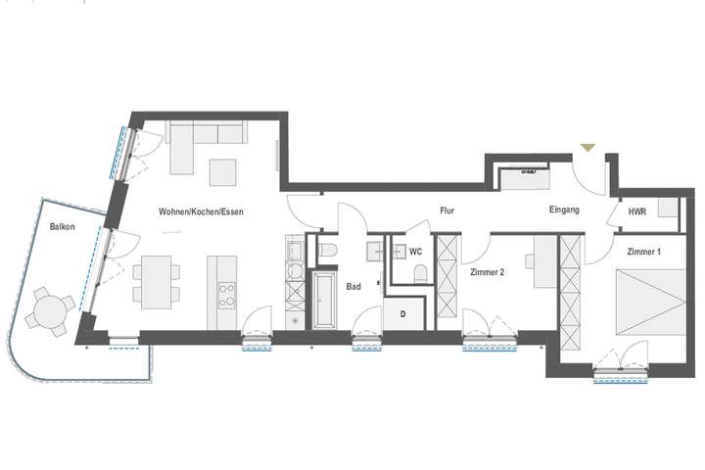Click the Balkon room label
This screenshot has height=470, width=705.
tap(65, 227)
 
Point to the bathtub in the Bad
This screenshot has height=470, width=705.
tap(325, 302)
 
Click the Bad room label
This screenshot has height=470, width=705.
tap(354, 287)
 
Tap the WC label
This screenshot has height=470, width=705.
tap(415, 252)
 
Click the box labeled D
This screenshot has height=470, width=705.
tap(402, 314)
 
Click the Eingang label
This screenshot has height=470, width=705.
tap(564, 210)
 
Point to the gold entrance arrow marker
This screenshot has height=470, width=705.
tap(587, 147)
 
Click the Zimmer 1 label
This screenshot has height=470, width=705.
tap(644, 252)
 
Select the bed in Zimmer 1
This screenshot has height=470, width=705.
tap(644, 299)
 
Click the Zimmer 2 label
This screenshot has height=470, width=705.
tap(487, 272)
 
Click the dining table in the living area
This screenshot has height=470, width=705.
tap(155, 278)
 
